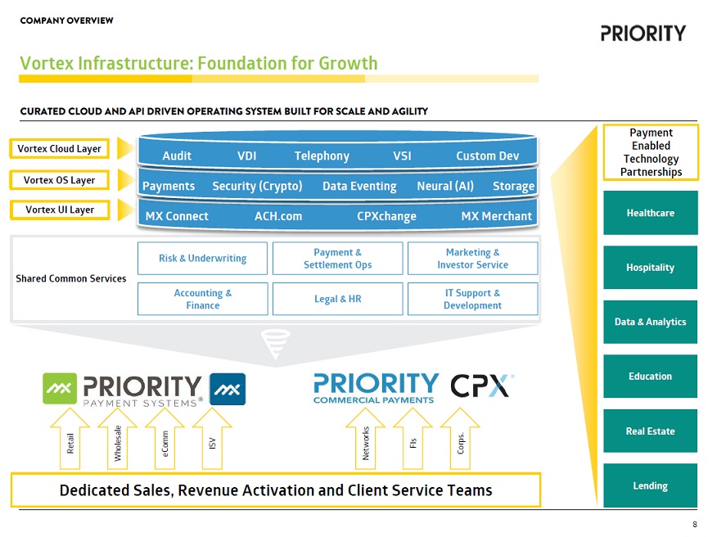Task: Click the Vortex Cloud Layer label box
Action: point(60,149)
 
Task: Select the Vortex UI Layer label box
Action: point(60,210)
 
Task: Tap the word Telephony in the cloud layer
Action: point(322,156)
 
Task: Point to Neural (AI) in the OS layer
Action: point(444,186)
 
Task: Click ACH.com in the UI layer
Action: point(278,216)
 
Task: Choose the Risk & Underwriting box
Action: point(202,258)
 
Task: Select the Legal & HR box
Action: point(337,299)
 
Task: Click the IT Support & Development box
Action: point(472,299)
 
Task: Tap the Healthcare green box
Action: point(650,213)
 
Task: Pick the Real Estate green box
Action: point(650,431)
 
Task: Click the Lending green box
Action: point(650,485)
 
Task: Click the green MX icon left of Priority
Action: point(60,389)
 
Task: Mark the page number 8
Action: point(695,525)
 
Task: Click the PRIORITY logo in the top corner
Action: point(643,34)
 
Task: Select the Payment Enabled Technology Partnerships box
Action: point(651,152)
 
